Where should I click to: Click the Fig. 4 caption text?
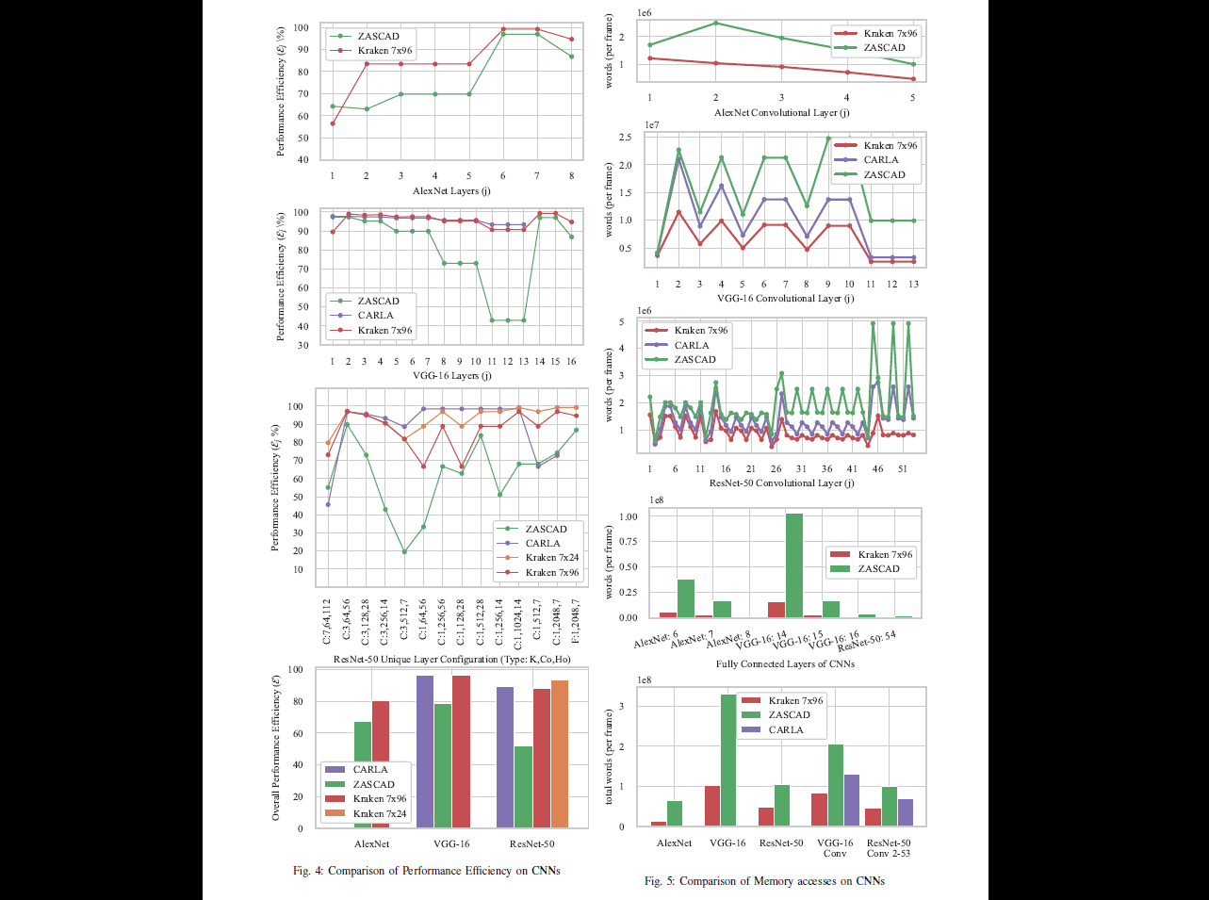(426, 871)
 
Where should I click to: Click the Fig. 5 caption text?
(764, 881)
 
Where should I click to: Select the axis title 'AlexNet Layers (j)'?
(451, 191)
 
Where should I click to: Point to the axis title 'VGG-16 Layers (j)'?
(451, 376)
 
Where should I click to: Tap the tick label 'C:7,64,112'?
(326, 621)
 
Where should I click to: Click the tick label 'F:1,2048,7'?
(577, 621)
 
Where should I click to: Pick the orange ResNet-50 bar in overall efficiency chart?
(560, 754)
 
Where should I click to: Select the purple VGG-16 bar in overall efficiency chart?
(425, 751)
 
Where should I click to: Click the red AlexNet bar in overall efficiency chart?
(381, 764)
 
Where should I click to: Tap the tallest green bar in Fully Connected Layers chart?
(793, 565)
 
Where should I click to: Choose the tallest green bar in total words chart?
(728, 761)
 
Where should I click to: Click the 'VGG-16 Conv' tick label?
(835, 848)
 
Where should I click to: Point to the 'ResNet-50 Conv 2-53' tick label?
(889, 848)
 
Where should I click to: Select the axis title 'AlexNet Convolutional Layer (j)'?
(781, 113)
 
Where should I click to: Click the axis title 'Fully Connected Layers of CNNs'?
(785, 664)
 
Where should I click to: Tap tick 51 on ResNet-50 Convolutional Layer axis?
(903, 469)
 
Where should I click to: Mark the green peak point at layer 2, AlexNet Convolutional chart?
(715, 23)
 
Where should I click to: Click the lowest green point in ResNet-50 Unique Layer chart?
(403, 552)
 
